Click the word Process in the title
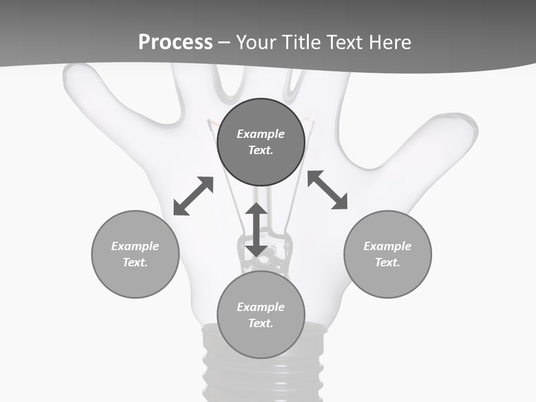pos(175,42)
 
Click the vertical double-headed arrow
pos(256,229)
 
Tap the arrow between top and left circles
pos(193,196)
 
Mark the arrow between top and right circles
pos(327,190)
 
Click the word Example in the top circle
pos(261,134)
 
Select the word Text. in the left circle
pos(135,262)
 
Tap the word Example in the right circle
pos(387,246)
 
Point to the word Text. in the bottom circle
pos(261,323)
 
